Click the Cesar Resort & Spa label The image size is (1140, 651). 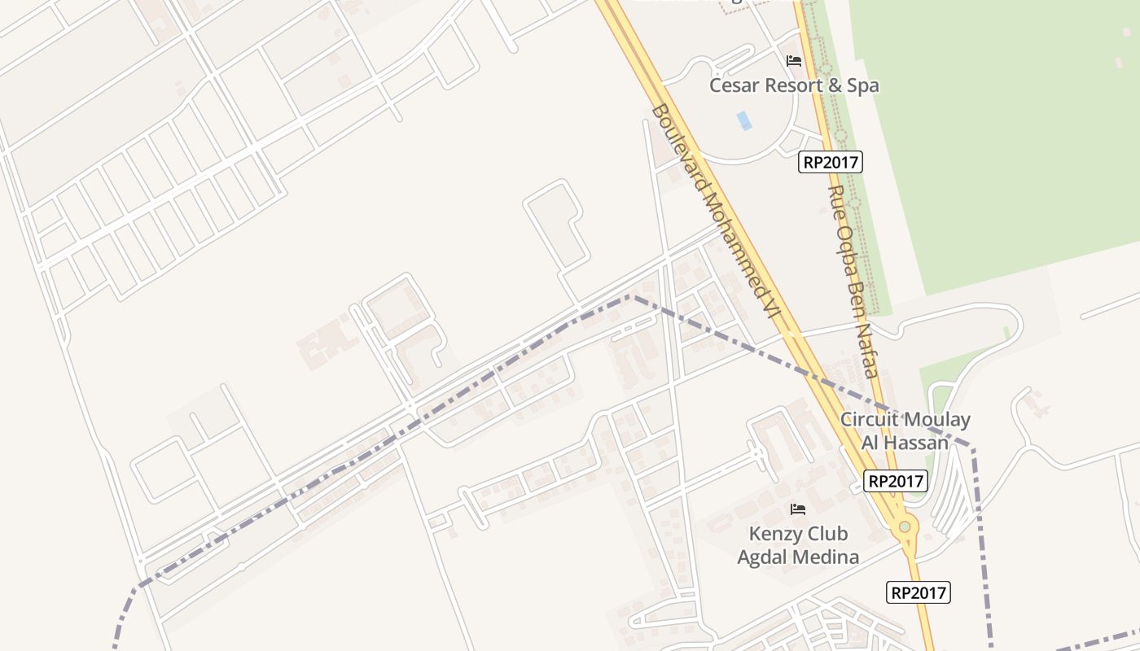[794, 85]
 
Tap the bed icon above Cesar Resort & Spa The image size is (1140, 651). [794, 61]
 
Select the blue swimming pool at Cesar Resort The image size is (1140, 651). [744, 120]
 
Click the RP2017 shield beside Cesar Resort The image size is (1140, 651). [830, 162]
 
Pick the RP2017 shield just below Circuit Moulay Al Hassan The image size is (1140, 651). [896, 481]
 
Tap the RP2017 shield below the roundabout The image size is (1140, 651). [919, 592]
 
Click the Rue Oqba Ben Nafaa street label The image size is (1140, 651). [853, 282]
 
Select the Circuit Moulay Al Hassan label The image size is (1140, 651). [905, 431]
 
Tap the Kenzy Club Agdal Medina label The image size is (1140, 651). [798, 545]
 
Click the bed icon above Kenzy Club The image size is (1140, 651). [798, 509]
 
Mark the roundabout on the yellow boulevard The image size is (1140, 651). [904, 527]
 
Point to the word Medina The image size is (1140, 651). [831, 557]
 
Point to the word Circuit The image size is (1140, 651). [871, 420]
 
